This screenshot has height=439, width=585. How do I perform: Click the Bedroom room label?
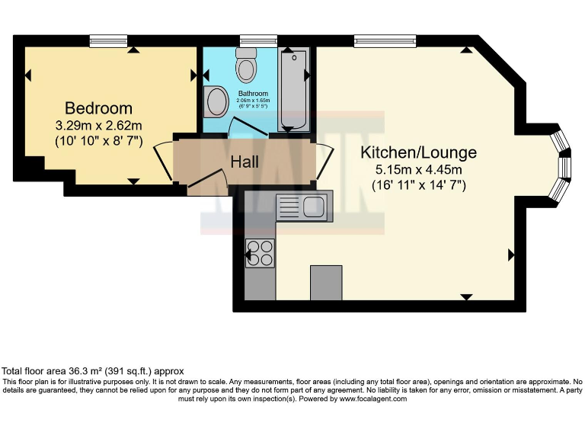point(98,108)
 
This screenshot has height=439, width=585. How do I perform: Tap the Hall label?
point(245,162)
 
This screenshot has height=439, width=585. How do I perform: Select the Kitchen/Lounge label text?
point(418,152)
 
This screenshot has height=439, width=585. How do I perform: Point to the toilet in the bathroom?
point(246,66)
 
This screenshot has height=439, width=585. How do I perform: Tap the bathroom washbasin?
point(216,102)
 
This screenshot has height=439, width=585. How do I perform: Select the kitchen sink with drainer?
point(301,206)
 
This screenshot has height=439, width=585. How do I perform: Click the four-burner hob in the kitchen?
point(261,252)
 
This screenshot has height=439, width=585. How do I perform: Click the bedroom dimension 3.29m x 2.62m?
point(98,125)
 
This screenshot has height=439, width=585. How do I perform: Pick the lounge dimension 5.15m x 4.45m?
point(418,169)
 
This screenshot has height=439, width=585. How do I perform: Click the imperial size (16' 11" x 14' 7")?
point(418,184)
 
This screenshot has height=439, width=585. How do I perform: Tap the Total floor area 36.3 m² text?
point(93,372)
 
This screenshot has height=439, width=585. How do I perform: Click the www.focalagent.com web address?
point(373,399)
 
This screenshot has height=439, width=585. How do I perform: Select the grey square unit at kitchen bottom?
point(326,283)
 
